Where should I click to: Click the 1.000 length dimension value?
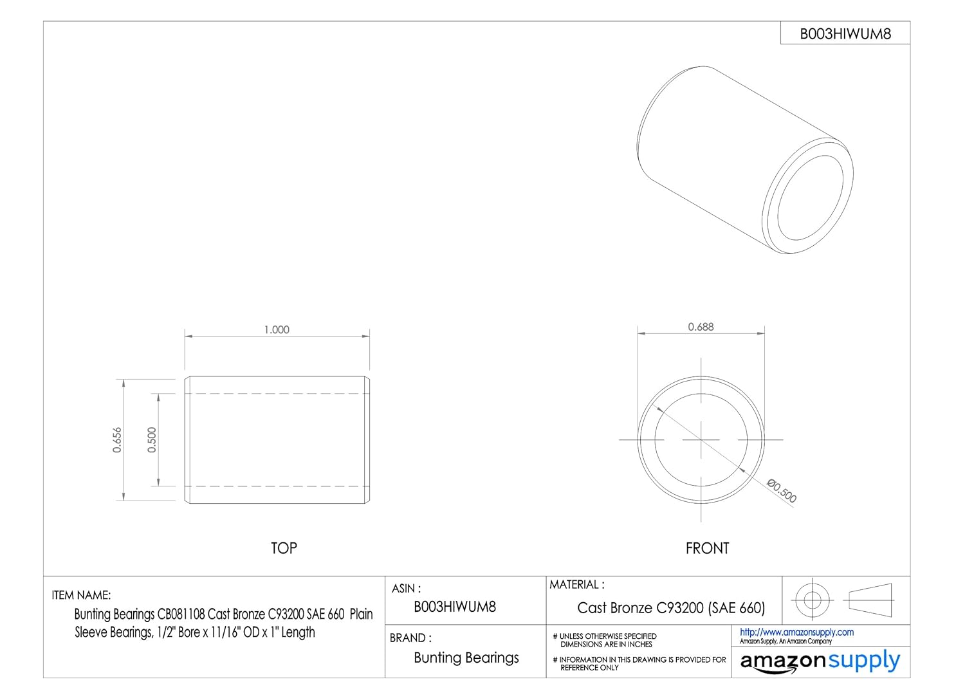coord(277,329)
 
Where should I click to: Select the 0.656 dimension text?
coord(117,440)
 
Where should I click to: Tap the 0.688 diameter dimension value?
coord(701,327)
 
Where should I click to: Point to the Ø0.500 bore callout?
coord(782,491)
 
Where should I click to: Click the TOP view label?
coord(284,548)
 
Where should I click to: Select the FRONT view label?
coord(707,549)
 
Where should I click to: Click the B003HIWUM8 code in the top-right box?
coord(845,34)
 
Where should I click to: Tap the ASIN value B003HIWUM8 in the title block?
coord(455,606)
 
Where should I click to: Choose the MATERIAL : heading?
coord(576,585)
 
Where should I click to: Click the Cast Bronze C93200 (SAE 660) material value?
coord(671,607)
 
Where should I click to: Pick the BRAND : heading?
coord(410,638)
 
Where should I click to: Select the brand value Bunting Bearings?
coord(466,658)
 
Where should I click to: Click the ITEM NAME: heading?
coord(81,595)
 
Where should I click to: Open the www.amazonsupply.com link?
coord(796,632)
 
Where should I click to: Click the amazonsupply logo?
coord(820,661)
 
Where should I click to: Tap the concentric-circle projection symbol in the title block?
coord(813,600)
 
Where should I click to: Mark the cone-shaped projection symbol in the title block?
coord(870,599)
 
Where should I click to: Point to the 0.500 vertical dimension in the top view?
coord(152,440)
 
